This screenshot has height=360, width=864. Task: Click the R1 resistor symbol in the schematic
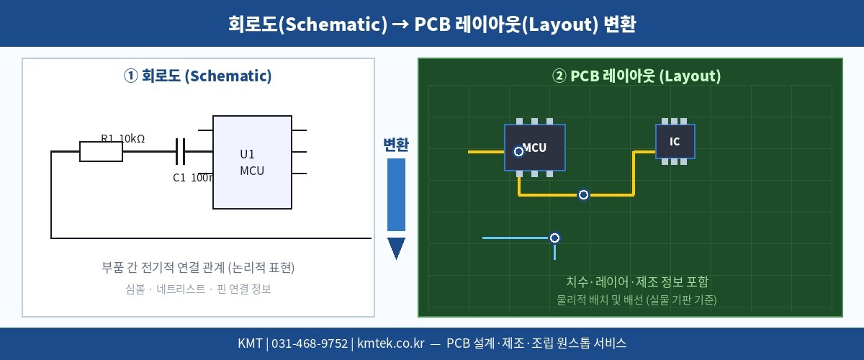pos(101,152)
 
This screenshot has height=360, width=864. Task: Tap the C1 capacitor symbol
pos(181,152)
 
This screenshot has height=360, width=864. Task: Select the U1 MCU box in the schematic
pos(252,162)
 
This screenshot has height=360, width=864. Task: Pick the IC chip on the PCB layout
pos(675,141)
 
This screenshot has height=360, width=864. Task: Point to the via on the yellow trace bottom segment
pos(584,194)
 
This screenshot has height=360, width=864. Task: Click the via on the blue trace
pos(554,238)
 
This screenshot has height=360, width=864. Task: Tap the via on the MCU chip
pos(518,151)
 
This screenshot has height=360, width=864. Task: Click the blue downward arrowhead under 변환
pos(396,248)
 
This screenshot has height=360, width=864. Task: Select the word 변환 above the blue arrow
pos(396,145)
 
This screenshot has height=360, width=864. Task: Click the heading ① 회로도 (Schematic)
pos(198,76)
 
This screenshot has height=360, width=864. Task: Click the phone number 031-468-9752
pos(309,343)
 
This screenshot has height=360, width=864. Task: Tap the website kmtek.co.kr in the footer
pos(390,343)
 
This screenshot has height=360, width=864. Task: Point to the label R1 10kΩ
pos(122,138)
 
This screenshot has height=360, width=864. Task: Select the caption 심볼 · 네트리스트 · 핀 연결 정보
pos(198,289)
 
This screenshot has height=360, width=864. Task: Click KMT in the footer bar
pos(250,343)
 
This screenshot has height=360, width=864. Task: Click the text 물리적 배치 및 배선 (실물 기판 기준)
pos(637,300)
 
